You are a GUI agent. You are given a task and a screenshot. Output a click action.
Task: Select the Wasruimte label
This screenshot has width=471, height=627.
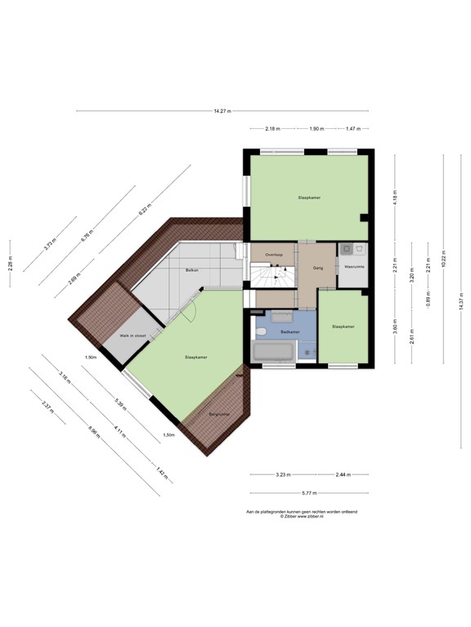(353, 266)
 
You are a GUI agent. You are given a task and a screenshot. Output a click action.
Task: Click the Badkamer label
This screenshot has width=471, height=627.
(289, 332)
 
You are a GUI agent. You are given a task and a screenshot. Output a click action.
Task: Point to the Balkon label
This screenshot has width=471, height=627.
(193, 269)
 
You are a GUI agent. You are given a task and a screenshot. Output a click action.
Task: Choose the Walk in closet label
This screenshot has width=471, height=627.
(132, 336)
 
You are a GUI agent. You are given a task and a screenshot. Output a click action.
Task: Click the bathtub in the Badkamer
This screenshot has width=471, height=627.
(273, 354)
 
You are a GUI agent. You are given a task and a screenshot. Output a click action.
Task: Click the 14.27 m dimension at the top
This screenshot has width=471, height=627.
(222, 111)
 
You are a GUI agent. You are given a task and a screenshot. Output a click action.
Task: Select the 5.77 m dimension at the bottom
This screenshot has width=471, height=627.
(308, 493)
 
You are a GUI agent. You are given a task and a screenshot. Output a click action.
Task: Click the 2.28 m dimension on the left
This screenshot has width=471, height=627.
(10, 264)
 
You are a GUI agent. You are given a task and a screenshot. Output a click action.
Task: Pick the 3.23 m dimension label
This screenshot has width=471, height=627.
(284, 474)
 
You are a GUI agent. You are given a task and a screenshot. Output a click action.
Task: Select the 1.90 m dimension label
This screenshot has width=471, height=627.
(316, 128)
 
